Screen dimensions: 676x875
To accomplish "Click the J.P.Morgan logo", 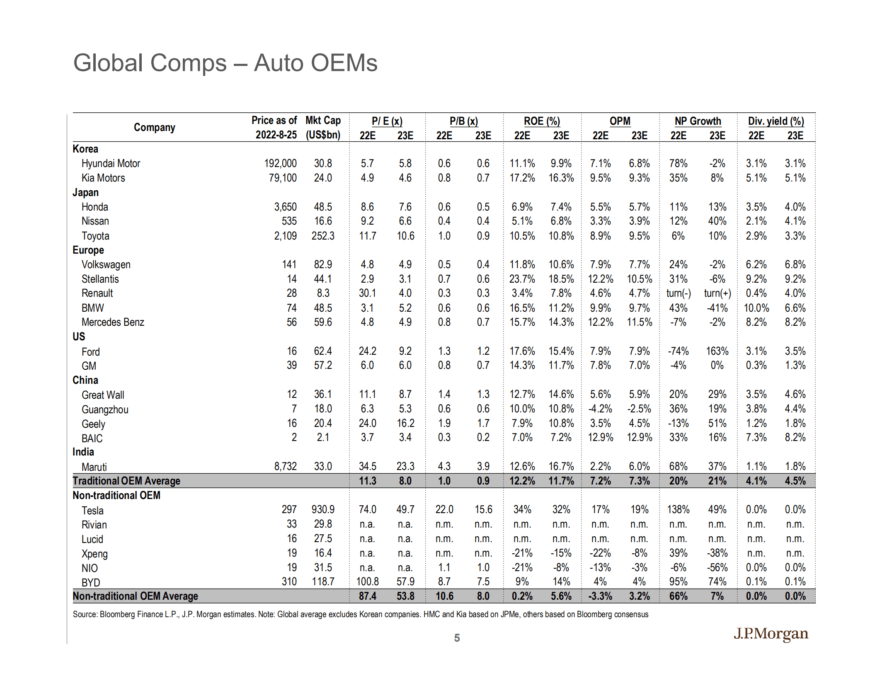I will tap(771, 634).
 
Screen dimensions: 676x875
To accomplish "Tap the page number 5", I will tap(457, 638).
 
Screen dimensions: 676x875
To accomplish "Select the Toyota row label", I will tap(95, 236).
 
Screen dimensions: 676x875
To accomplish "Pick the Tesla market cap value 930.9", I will tap(323, 509).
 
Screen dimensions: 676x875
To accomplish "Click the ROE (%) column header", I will tap(542, 121).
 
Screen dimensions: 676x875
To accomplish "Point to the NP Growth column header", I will tap(698, 121).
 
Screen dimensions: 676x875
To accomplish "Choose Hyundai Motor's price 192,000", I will tap(280, 163).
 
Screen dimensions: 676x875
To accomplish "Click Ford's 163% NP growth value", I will tap(717, 351).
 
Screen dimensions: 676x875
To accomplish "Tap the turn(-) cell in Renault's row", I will tap(679, 293).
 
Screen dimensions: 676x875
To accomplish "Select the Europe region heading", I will tap(88, 250).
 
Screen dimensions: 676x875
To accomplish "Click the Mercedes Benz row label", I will tap(113, 322).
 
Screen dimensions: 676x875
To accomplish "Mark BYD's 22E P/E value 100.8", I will tap(368, 582).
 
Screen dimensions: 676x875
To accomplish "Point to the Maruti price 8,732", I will tap(285, 466).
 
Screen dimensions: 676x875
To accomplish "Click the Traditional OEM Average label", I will tap(126, 481).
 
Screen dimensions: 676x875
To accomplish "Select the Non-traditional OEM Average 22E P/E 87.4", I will tap(368, 596).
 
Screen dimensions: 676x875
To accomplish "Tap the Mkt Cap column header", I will tap(323, 121).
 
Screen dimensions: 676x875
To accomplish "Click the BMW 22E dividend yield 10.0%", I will tap(756, 308).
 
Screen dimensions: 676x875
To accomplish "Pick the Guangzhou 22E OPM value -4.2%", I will tap(600, 409).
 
